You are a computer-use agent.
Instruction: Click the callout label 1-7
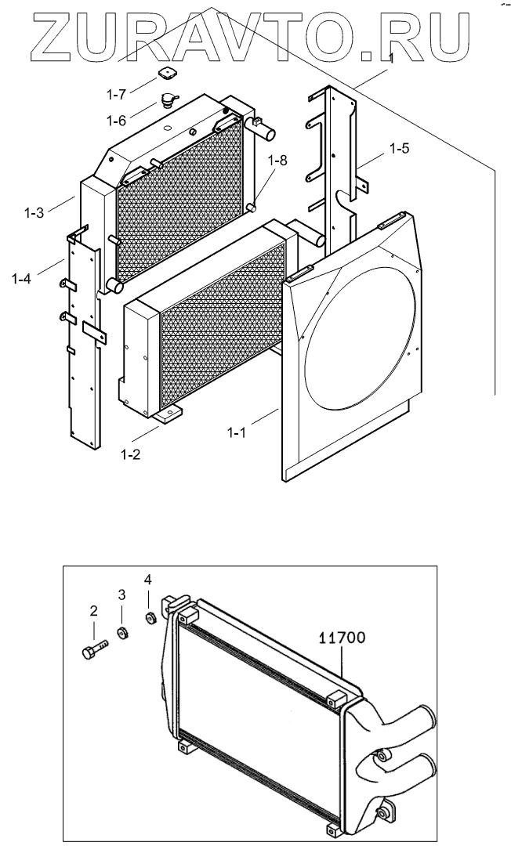[x=117, y=95]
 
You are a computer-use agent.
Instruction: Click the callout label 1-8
[x=277, y=161]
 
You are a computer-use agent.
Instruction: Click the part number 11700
[x=342, y=637]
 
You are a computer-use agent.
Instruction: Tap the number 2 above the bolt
[x=93, y=610]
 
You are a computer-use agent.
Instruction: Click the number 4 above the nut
[x=147, y=580]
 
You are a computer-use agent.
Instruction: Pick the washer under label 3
[x=123, y=634]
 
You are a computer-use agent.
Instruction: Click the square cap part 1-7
[x=165, y=75]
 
